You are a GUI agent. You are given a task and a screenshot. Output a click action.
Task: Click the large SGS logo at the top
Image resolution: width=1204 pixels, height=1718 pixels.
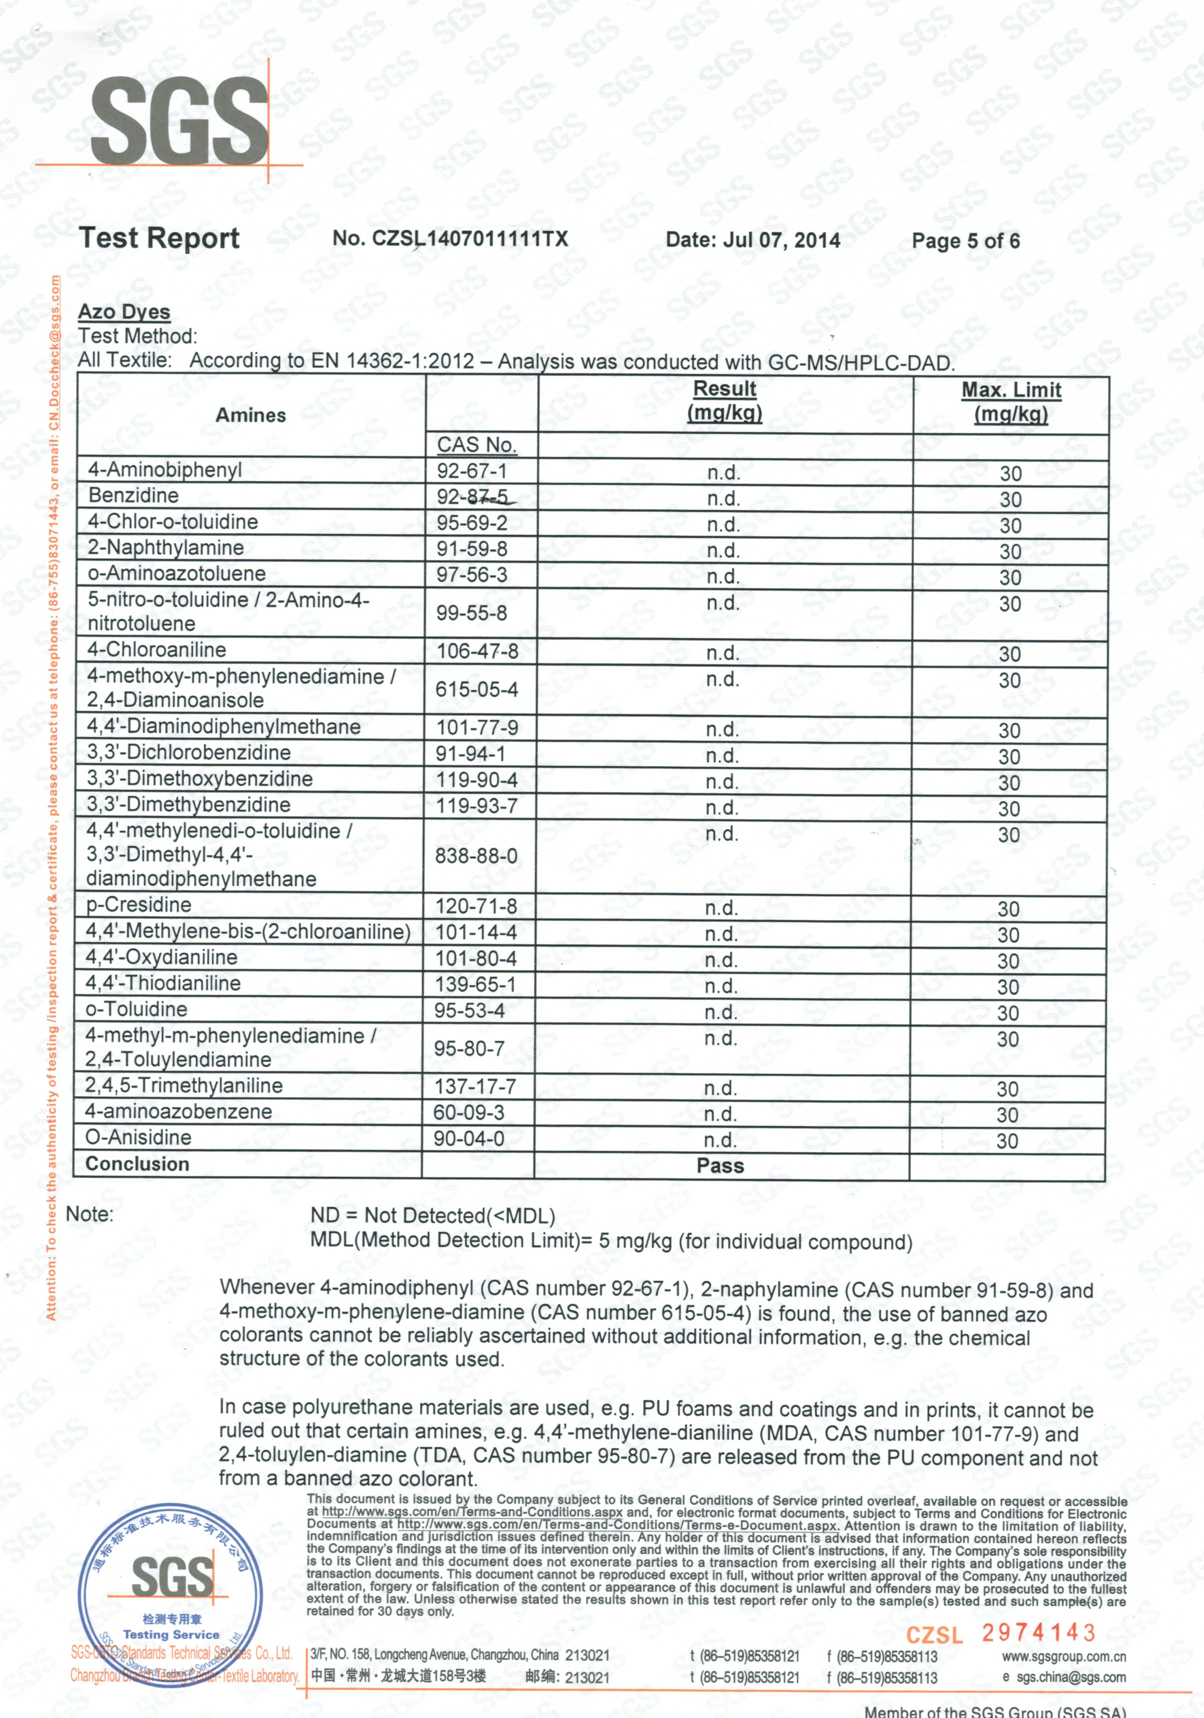pyautogui.click(x=179, y=122)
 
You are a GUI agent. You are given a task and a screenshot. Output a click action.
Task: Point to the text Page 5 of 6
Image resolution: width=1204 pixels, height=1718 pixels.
pyautogui.click(x=965, y=241)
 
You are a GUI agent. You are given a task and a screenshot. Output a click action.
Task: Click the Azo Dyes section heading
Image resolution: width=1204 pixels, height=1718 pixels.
pyautogui.click(x=124, y=311)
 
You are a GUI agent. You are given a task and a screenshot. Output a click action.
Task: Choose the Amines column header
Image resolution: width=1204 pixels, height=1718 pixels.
pyautogui.click(x=251, y=415)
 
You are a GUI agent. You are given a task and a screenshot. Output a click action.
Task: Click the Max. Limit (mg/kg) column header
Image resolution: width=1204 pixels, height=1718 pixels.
pyautogui.click(x=1011, y=402)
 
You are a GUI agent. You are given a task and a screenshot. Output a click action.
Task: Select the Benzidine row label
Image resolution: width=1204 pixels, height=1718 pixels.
pyautogui.click(x=133, y=495)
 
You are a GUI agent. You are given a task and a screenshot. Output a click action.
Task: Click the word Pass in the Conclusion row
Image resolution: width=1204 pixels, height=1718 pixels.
pyautogui.click(x=720, y=1166)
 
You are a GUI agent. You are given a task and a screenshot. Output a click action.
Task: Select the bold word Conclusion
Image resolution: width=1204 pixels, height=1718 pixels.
pyautogui.click(x=137, y=1164)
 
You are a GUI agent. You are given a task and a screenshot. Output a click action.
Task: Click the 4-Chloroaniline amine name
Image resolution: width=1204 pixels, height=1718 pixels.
pyautogui.click(x=156, y=649)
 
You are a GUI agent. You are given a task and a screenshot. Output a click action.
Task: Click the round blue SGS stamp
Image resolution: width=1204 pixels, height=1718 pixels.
pyautogui.click(x=170, y=1587)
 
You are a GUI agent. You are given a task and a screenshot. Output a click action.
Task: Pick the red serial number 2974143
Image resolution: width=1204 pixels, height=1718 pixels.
pyautogui.click(x=1038, y=1633)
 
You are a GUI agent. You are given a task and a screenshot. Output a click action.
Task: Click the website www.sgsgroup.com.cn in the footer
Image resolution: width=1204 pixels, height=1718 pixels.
pyautogui.click(x=1064, y=1657)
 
